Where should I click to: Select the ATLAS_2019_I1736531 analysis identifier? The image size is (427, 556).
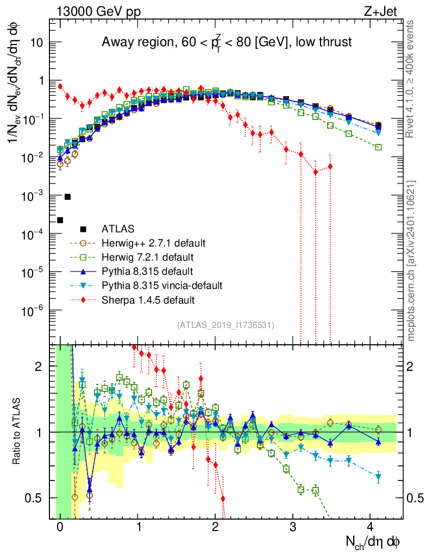pos(225,325)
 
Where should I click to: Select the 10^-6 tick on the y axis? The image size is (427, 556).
pos(35,311)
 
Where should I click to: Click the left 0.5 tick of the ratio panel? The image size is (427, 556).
pos(36,498)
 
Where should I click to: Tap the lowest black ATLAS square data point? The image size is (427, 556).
pos(60,220)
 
